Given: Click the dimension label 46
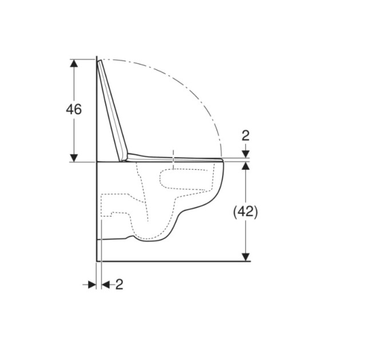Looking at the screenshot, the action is (x=74, y=109).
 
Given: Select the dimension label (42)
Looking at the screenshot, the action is (x=245, y=211).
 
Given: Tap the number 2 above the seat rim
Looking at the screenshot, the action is (x=245, y=136).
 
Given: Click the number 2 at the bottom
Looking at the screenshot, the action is (x=120, y=285).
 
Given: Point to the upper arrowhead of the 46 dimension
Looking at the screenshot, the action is (x=74, y=63).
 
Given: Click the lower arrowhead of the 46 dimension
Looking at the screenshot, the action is (x=74, y=158).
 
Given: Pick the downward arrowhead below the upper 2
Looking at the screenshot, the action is (x=245, y=154).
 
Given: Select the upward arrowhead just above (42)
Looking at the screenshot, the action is (x=245, y=166).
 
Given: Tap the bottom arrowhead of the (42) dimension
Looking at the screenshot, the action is (x=245, y=257).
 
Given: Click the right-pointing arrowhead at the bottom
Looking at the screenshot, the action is (x=92, y=285).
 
